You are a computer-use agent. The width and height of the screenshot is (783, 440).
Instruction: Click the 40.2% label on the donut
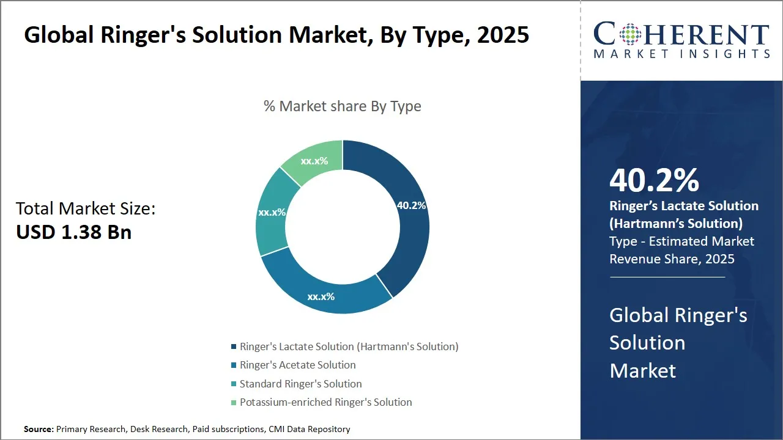[x=411, y=206]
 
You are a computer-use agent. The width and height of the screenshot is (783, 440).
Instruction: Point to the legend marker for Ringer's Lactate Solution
[x=234, y=347]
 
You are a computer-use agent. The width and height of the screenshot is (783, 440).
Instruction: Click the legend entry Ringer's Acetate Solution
[x=297, y=365]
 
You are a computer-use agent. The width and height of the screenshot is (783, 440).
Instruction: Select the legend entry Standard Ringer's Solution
[x=300, y=384]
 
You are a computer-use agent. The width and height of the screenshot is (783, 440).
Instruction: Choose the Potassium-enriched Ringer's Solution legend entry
[x=325, y=402]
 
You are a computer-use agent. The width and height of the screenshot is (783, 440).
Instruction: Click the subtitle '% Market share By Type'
[x=342, y=106]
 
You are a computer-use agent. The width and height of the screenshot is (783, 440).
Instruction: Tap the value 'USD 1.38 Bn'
[x=73, y=232]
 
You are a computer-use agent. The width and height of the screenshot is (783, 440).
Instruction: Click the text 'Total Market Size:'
[x=86, y=208]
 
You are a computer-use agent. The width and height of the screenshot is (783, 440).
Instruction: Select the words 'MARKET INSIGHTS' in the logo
[x=681, y=54]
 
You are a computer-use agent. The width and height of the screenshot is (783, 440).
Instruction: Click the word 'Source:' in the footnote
[x=39, y=429]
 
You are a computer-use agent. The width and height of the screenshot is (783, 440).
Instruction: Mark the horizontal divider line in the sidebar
[x=667, y=277]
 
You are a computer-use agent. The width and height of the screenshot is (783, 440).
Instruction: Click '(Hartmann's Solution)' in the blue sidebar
[x=675, y=223]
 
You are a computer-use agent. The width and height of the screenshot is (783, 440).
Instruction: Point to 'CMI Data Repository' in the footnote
[x=309, y=429]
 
